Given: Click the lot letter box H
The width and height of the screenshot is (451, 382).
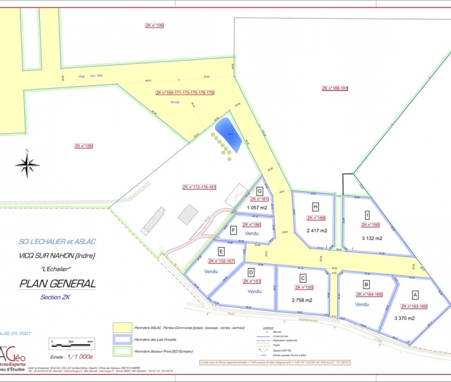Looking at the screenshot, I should pos(316,208).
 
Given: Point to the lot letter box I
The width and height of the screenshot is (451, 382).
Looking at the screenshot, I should pos(367,215).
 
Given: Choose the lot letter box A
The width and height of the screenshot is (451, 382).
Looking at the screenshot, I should pos(414,295).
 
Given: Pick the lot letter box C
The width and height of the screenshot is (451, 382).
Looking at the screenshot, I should pos(303,278).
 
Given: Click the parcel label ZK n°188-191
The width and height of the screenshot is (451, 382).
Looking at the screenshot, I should pos(335,88).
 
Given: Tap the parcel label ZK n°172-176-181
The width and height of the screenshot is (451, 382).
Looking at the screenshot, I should pos(199,188).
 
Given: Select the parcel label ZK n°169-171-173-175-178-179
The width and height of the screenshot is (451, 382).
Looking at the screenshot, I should pos(185,93).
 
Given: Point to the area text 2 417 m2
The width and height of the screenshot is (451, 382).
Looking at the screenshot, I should pos(316,230).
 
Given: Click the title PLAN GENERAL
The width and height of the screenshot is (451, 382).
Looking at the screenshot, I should pos(58,283).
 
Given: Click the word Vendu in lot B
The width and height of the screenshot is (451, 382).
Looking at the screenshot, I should pos(362,304).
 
